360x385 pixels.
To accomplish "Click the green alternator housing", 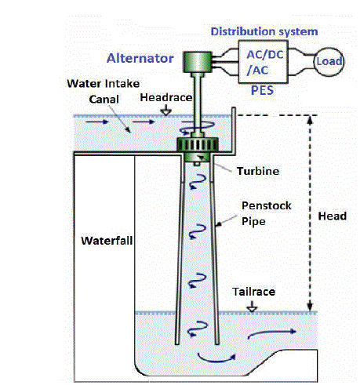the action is pyautogui.click(x=198, y=62).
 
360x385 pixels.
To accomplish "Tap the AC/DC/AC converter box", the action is pyautogui.click(x=263, y=62).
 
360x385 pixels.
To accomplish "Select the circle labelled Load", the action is pyautogui.click(x=329, y=62).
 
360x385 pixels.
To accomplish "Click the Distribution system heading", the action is pyautogui.click(x=264, y=31).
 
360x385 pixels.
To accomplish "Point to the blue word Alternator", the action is pyautogui.click(x=140, y=58).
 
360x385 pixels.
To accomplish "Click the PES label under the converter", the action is pyautogui.click(x=262, y=90).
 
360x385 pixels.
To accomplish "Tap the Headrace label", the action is pyautogui.click(x=166, y=97).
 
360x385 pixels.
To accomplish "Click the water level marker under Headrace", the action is pyautogui.click(x=166, y=111).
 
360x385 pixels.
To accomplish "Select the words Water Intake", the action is pyautogui.click(x=104, y=84).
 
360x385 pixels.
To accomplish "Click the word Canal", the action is pyautogui.click(x=104, y=100).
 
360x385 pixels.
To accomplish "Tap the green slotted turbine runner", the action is pyautogui.click(x=198, y=144).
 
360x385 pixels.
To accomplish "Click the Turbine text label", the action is pyautogui.click(x=258, y=171).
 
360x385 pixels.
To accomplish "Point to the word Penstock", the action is pyautogui.click(x=266, y=205).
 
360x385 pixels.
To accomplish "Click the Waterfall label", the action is pyautogui.click(x=107, y=241).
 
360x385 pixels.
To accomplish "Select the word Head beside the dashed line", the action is pyautogui.click(x=332, y=216).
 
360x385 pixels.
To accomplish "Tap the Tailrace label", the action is pyautogui.click(x=253, y=292).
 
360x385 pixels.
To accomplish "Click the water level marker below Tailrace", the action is pyautogui.click(x=252, y=307).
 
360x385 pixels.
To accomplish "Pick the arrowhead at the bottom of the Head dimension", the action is pyautogui.click(x=310, y=307).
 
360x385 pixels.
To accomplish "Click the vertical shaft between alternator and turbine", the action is pyautogui.click(x=197, y=104).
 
